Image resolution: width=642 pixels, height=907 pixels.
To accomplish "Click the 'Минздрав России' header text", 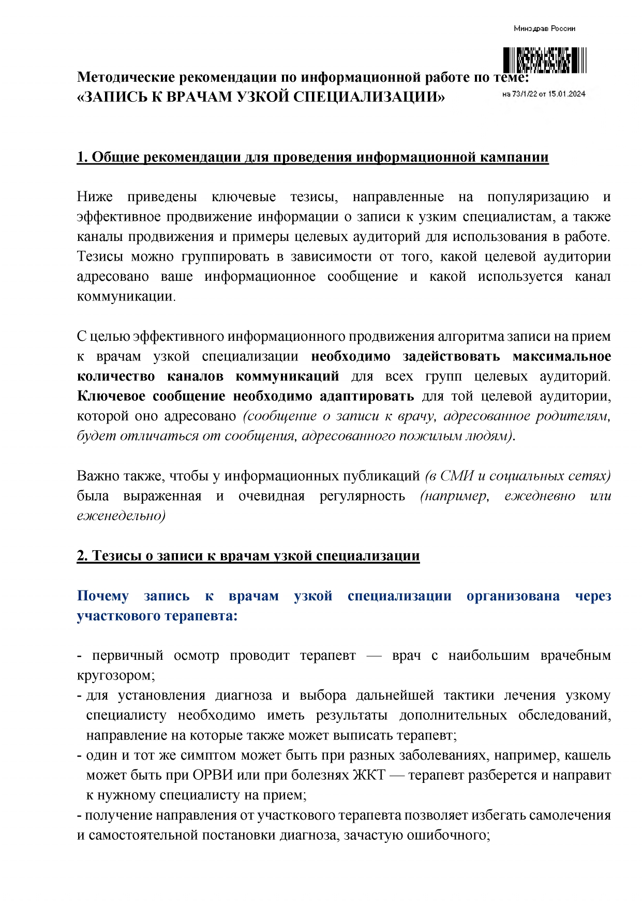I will point(544,28).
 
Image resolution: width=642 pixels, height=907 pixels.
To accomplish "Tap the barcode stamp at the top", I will point(544,60).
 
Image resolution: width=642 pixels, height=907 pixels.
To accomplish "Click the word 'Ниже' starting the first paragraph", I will point(95,197).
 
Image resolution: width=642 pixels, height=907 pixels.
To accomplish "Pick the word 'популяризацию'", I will point(538,197).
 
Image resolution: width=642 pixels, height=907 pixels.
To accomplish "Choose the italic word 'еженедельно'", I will point(120,516).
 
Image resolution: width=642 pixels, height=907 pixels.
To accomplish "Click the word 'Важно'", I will point(96,476).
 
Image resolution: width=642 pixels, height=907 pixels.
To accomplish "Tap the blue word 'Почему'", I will point(102,596).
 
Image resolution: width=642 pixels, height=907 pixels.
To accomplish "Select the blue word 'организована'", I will point(513,596).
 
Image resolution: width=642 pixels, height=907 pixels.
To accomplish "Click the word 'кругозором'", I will point(114,675).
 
